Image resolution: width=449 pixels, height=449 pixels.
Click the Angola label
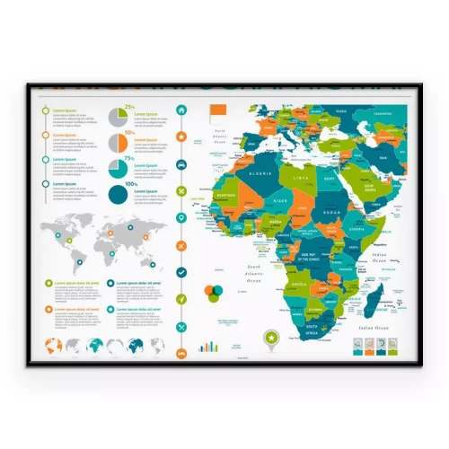tap(301, 283)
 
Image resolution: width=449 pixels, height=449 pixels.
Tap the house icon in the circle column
tap(181, 110)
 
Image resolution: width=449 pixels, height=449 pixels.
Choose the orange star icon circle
tap(181, 137)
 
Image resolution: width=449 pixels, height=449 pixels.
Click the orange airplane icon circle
tap(181, 245)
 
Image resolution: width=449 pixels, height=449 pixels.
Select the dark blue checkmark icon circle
tap(181, 271)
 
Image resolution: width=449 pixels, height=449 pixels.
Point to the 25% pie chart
tap(119, 118)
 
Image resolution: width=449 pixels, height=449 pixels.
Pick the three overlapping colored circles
tap(214, 293)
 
